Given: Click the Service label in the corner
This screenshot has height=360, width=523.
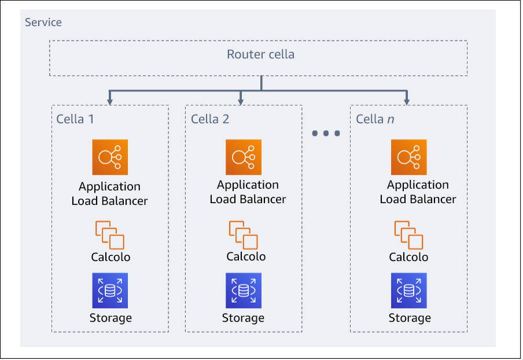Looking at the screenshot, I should point(43,23).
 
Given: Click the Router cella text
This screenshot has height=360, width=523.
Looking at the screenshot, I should point(260,55).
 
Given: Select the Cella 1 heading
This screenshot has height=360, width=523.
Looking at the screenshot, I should point(75,119).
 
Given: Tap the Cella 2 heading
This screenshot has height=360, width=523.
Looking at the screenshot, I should point(210,119).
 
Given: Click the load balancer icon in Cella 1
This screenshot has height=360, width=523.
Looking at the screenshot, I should point(110,157).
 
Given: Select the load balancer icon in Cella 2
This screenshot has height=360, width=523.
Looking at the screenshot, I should point(244,157).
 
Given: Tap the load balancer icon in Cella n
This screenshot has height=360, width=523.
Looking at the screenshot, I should point(409,157).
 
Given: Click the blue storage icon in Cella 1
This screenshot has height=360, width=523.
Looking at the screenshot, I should point(110,291).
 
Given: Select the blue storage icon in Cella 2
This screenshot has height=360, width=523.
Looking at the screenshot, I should point(244,291).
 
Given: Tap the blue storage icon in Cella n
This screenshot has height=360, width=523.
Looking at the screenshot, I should point(409,291).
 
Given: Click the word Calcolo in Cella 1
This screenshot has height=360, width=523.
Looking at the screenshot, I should point(111,258).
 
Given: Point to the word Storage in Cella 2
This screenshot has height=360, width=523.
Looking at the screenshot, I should point(243,318).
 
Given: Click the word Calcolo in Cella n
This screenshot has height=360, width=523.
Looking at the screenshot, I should point(408,258).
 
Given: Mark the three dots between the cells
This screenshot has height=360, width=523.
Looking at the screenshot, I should point(326,134).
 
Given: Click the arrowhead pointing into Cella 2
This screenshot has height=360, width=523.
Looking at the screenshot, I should point(241,101).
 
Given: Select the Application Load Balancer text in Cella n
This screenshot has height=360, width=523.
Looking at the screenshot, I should point(418,192).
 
